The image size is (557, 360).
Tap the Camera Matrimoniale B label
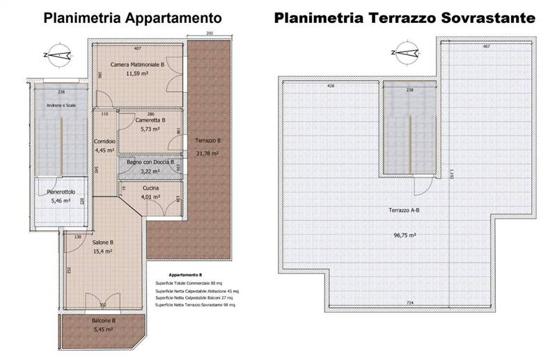tap(137, 64)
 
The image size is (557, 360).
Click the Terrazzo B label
tap(207, 141)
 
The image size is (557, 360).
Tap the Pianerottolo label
tap(61, 191)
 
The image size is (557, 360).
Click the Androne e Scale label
tap(61, 105)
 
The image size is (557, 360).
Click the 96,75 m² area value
tap(404, 235)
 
